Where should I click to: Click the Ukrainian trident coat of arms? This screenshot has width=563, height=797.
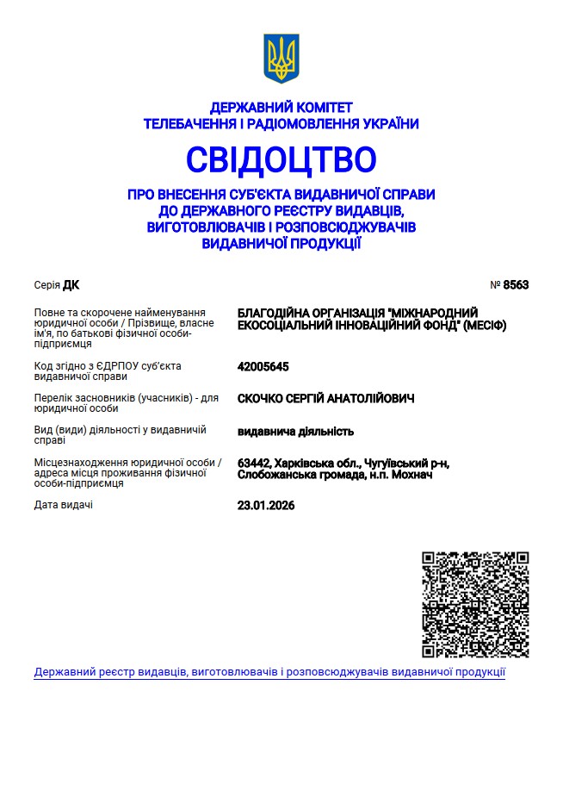(281, 59)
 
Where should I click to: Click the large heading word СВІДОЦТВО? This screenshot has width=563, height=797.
(281, 159)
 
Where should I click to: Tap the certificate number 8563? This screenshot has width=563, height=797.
(516, 285)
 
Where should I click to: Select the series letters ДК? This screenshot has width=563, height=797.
(71, 285)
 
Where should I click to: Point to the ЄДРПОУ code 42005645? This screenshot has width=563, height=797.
(263, 366)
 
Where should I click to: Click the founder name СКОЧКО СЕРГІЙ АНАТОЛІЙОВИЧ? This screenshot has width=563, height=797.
(325, 398)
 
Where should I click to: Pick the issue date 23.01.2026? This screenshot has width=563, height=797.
(265, 506)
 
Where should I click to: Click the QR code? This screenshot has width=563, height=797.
(475, 605)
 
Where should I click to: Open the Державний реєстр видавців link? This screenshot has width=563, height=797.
(269, 672)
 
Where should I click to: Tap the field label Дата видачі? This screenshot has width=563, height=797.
(63, 505)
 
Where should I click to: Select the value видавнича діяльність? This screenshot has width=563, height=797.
(295, 431)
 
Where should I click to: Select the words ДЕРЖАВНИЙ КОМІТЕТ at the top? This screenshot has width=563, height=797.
(281, 108)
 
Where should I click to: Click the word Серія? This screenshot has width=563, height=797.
(46, 285)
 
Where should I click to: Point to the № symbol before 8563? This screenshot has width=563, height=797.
(495, 285)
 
